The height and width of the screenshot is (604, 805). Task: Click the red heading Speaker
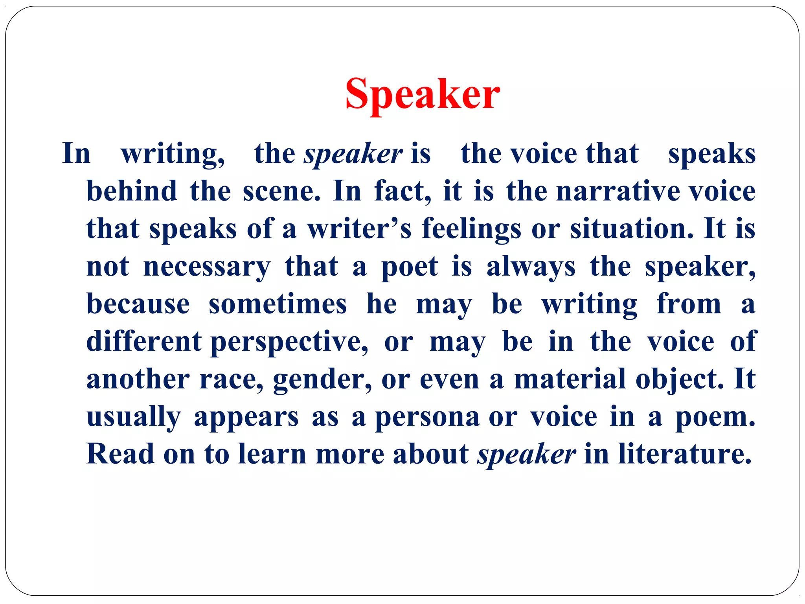pos(423,95)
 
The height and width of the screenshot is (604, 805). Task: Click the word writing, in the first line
pos(173,154)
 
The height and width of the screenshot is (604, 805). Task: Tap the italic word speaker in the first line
pos(353,154)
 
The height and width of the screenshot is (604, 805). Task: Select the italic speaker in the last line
pos(526,454)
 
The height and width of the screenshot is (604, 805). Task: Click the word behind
pos(132,191)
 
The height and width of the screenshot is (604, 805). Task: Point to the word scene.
pos(281,191)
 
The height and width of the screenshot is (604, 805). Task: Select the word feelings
pos(471,229)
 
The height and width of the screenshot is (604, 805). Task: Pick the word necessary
pos(207,267)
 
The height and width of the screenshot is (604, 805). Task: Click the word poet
pos(410,267)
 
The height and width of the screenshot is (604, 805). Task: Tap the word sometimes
pos(278,304)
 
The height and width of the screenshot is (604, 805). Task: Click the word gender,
pos(322,380)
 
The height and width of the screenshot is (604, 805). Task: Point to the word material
pos(570,379)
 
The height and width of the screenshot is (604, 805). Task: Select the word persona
pos(427,417)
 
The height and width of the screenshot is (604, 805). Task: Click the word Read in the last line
pos(120,454)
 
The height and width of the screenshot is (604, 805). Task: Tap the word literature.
pos(684,454)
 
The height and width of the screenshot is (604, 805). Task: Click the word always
pos(531,267)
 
